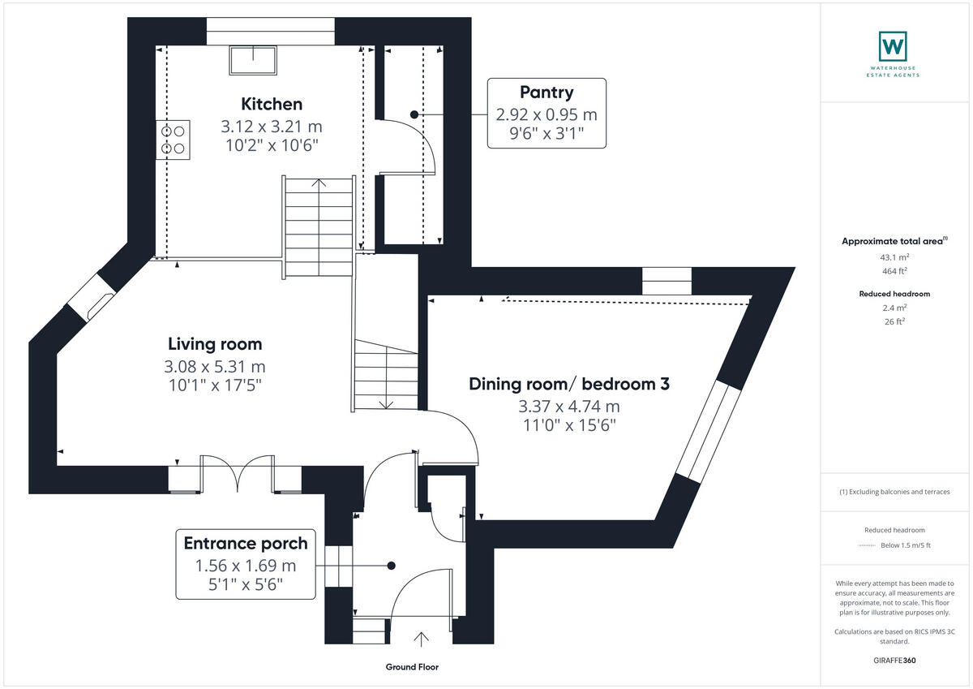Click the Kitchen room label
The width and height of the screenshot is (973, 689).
[x=272, y=104]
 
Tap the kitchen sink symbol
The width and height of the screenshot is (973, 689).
[x=253, y=59]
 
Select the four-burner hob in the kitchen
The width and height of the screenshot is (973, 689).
[x=173, y=138]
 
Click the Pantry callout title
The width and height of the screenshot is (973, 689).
[x=547, y=93]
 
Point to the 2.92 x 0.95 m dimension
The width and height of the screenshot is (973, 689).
[x=547, y=114]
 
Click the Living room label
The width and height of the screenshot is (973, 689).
[x=215, y=344]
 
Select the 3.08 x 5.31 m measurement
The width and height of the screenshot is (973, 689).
[x=215, y=367]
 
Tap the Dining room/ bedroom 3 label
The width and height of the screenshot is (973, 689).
[x=569, y=384]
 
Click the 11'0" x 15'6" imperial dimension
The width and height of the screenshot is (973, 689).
[x=569, y=424]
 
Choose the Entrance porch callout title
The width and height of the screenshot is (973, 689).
[x=246, y=543]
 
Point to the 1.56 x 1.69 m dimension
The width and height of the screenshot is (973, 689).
[x=246, y=566]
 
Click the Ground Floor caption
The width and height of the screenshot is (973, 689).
[x=412, y=667]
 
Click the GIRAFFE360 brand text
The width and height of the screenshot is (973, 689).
[x=894, y=661]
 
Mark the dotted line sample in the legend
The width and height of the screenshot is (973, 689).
[x=867, y=545]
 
